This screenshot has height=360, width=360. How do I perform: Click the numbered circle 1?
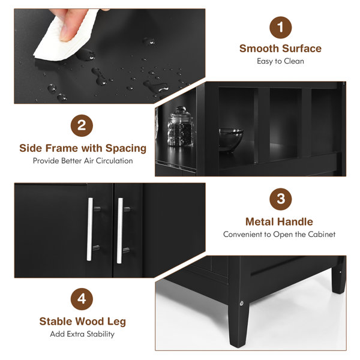pos(280,28)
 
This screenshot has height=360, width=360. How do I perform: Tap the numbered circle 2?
pos(82,126)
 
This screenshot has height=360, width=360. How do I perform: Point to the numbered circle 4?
pos(82,298)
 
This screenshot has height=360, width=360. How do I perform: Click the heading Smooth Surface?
pos(280,49)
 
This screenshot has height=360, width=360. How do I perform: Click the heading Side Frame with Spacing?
pos(83,148)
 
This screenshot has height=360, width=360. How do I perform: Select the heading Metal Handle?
pos(280,221)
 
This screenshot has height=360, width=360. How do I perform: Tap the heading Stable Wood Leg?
pos(83,322)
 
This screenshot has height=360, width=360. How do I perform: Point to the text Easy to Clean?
pos(280,61)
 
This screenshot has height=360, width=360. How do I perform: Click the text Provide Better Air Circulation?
pos(83,161)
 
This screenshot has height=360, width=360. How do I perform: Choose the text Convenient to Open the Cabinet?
pos(280,235)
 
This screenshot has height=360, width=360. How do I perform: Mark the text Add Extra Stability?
pos(83,334)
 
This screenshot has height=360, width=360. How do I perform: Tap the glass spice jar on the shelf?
pos(179,127)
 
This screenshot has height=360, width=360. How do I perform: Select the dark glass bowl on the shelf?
pos(230,139)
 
